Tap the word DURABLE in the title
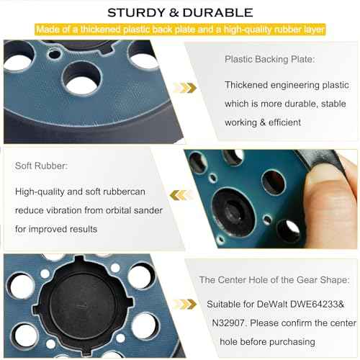click(220, 12)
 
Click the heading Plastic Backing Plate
click(270, 60)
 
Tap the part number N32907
click(225, 323)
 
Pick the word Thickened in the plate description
click(248, 85)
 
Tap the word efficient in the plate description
click(281, 122)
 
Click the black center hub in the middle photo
click(235, 211)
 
